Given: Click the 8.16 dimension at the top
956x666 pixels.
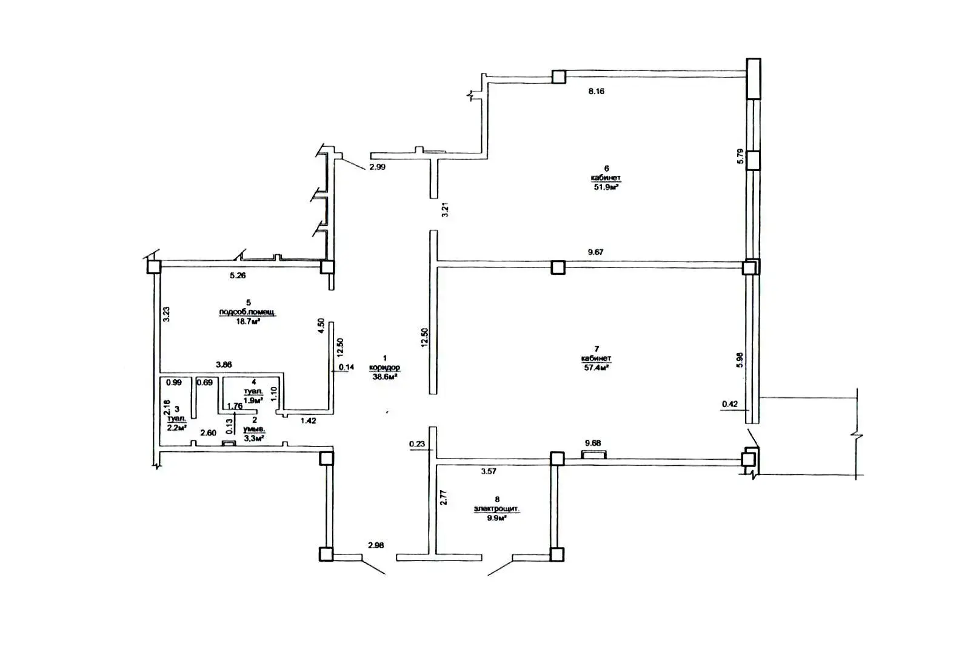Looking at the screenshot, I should click(x=596, y=92).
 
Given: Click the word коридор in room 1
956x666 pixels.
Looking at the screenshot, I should click(x=384, y=368).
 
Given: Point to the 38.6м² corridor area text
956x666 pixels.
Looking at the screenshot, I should click(x=384, y=377).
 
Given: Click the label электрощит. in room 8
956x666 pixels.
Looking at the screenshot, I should click(x=496, y=510).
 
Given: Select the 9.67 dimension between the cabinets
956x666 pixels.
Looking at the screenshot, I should click(x=595, y=252).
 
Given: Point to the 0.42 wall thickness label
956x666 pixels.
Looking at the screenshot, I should click(x=729, y=404).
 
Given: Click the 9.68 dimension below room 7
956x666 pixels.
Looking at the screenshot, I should click(x=592, y=443).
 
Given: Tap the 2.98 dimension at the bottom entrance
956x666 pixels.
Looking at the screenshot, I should click(x=376, y=545).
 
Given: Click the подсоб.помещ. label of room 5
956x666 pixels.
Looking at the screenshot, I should click(x=247, y=312).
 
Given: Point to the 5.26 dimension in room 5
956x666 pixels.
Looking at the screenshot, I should click(x=238, y=275).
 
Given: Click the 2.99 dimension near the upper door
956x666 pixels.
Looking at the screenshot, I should click(x=377, y=167).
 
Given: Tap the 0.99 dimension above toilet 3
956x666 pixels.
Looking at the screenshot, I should click(x=173, y=383).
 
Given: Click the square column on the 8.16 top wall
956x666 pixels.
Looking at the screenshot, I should click(x=558, y=76).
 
